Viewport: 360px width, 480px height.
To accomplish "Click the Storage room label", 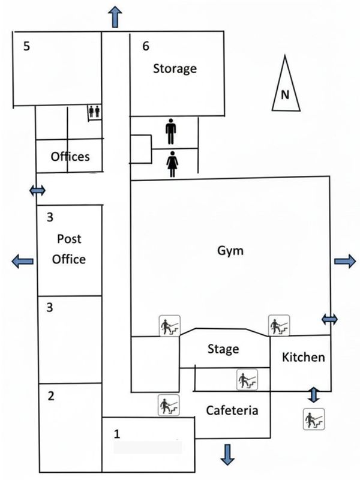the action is [x=175, y=68].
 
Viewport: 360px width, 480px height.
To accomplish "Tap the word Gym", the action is [x=230, y=251].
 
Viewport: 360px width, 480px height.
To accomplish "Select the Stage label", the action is [x=223, y=349].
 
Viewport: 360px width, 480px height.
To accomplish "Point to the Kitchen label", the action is [x=304, y=357].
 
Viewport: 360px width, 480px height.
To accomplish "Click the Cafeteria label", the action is [x=232, y=410].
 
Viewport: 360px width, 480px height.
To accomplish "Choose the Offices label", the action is [x=70, y=157].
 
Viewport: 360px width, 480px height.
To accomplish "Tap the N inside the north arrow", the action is [x=285, y=95].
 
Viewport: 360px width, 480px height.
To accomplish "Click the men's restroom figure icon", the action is [x=171, y=131].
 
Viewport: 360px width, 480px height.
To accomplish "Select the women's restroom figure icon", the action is [x=172, y=164].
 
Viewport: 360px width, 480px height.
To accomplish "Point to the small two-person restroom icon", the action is [x=94, y=112].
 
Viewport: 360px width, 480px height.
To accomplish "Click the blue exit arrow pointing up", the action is [x=115, y=17].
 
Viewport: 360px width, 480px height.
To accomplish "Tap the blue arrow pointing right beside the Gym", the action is [x=345, y=261].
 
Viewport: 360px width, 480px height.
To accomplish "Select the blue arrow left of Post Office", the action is [x=22, y=261].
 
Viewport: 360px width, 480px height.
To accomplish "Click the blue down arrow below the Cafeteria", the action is [x=227, y=455].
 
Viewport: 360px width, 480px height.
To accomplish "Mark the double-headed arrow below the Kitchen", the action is [x=313, y=395].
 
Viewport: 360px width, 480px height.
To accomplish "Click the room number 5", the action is [x=26, y=46].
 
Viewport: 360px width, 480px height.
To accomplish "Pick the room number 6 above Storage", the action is [x=146, y=46].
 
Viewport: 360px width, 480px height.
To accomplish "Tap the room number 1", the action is [x=116, y=434].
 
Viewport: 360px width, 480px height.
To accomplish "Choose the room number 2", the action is [x=51, y=396].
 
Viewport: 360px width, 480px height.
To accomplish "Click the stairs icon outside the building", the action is [x=314, y=419].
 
